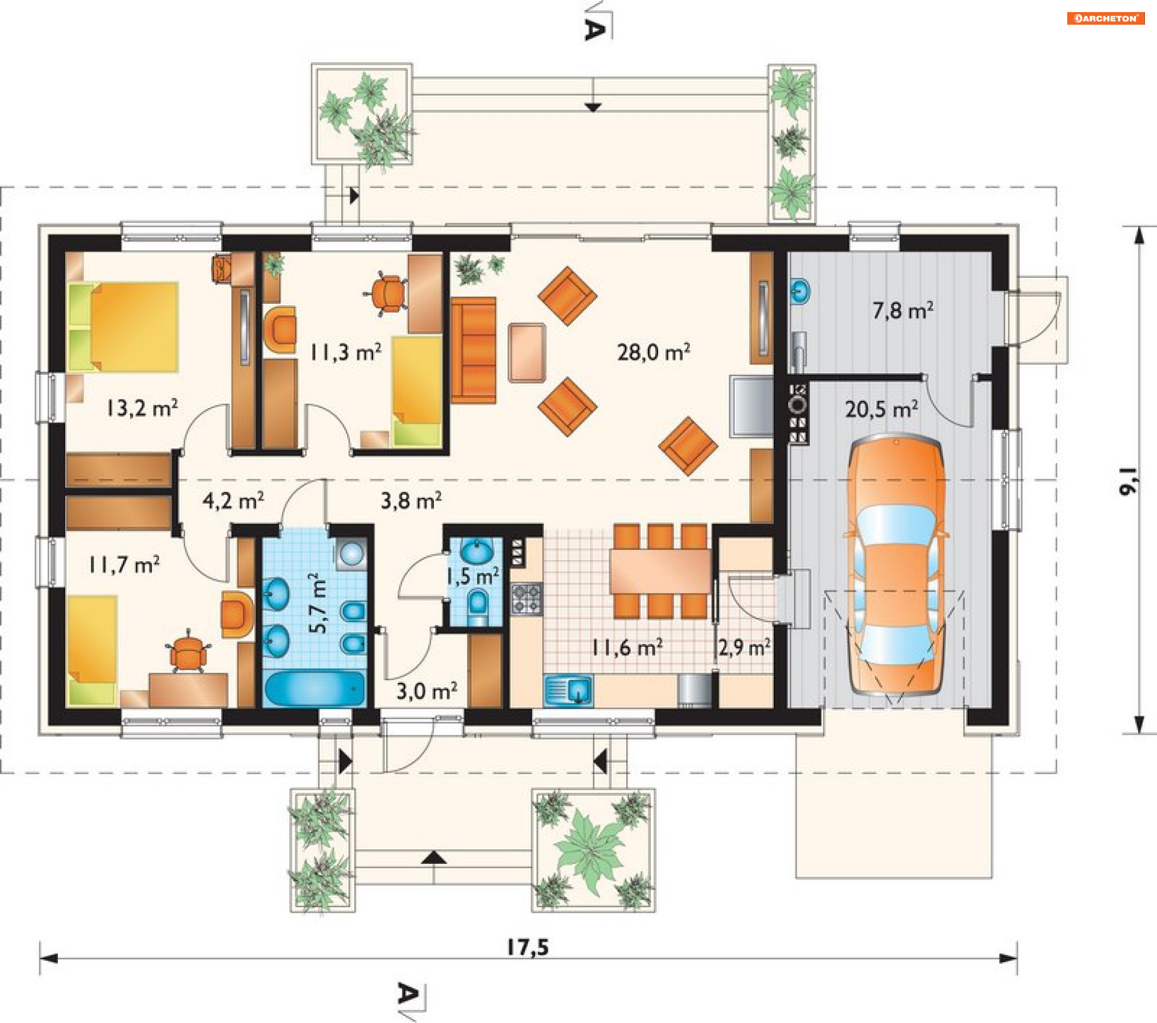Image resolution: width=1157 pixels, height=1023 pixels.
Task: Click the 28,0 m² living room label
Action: (x=653, y=352)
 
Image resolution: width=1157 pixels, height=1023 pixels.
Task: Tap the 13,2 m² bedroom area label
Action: (x=142, y=408)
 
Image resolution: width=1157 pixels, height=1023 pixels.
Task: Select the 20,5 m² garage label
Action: (x=882, y=409)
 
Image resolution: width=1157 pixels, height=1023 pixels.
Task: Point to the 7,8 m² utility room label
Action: (x=903, y=310)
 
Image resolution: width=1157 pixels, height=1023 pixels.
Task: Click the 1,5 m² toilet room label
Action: (x=472, y=576)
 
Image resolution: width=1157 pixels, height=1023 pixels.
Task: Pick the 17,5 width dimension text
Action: (x=528, y=948)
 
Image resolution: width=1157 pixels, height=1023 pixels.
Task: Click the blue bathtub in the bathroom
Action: (x=315, y=688)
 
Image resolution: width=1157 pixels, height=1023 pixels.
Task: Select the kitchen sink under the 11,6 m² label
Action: (x=568, y=690)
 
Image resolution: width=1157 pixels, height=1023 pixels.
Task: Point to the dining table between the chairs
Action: (x=660, y=570)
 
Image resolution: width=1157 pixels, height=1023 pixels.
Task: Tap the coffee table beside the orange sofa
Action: (x=527, y=353)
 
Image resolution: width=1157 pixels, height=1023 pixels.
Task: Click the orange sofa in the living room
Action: (x=474, y=350)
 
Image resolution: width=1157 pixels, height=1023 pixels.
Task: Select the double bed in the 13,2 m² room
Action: (x=123, y=327)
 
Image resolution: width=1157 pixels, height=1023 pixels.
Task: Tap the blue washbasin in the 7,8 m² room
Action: (x=800, y=291)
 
